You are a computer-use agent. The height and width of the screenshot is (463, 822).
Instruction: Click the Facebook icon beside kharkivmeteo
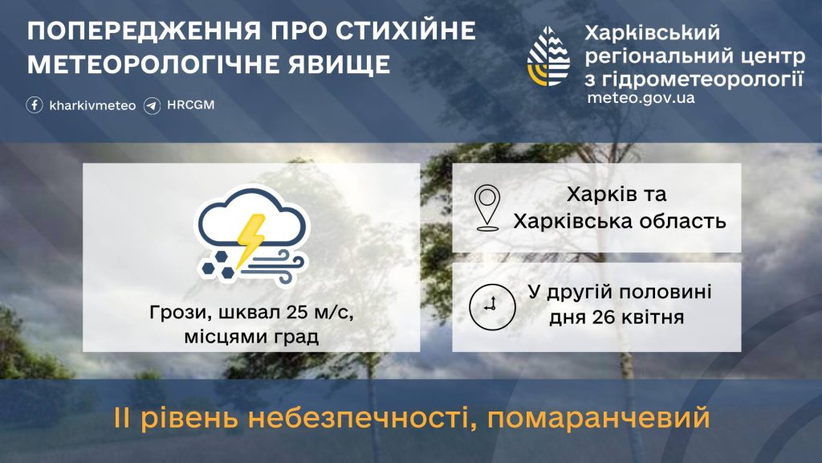[x=35, y=105]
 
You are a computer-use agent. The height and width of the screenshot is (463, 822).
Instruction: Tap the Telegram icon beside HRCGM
[x=152, y=105]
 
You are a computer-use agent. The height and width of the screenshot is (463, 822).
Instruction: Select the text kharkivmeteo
[x=92, y=105]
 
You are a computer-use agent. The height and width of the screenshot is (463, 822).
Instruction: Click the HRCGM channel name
[x=191, y=104]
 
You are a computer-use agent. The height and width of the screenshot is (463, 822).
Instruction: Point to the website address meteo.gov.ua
[x=641, y=97]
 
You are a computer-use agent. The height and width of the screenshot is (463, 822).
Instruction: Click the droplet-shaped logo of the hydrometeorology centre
[x=548, y=57]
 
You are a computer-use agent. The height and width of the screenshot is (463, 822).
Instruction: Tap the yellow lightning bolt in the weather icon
[x=250, y=240]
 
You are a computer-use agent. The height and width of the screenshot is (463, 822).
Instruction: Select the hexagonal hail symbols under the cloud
[x=218, y=265]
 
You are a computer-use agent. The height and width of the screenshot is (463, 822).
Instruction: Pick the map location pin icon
[x=487, y=208]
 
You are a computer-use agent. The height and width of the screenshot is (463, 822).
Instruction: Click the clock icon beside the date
[x=492, y=307]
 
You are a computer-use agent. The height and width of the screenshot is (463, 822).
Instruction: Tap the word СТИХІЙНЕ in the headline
[x=405, y=31]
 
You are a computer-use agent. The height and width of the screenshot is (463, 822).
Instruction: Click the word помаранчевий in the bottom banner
[x=599, y=418]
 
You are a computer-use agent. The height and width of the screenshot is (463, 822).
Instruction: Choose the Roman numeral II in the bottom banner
[x=121, y=418]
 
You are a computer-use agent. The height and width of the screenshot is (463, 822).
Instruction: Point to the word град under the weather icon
[x=296, y=337]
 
